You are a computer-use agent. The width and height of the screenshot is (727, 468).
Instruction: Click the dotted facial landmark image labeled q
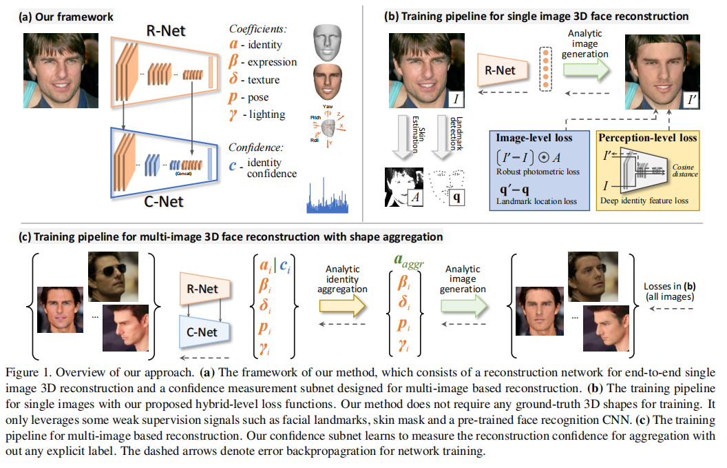[x=446, y=187]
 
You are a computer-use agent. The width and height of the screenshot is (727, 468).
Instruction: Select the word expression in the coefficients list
[x=271, y=62]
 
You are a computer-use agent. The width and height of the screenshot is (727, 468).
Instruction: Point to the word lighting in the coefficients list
[x=268, y=114]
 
